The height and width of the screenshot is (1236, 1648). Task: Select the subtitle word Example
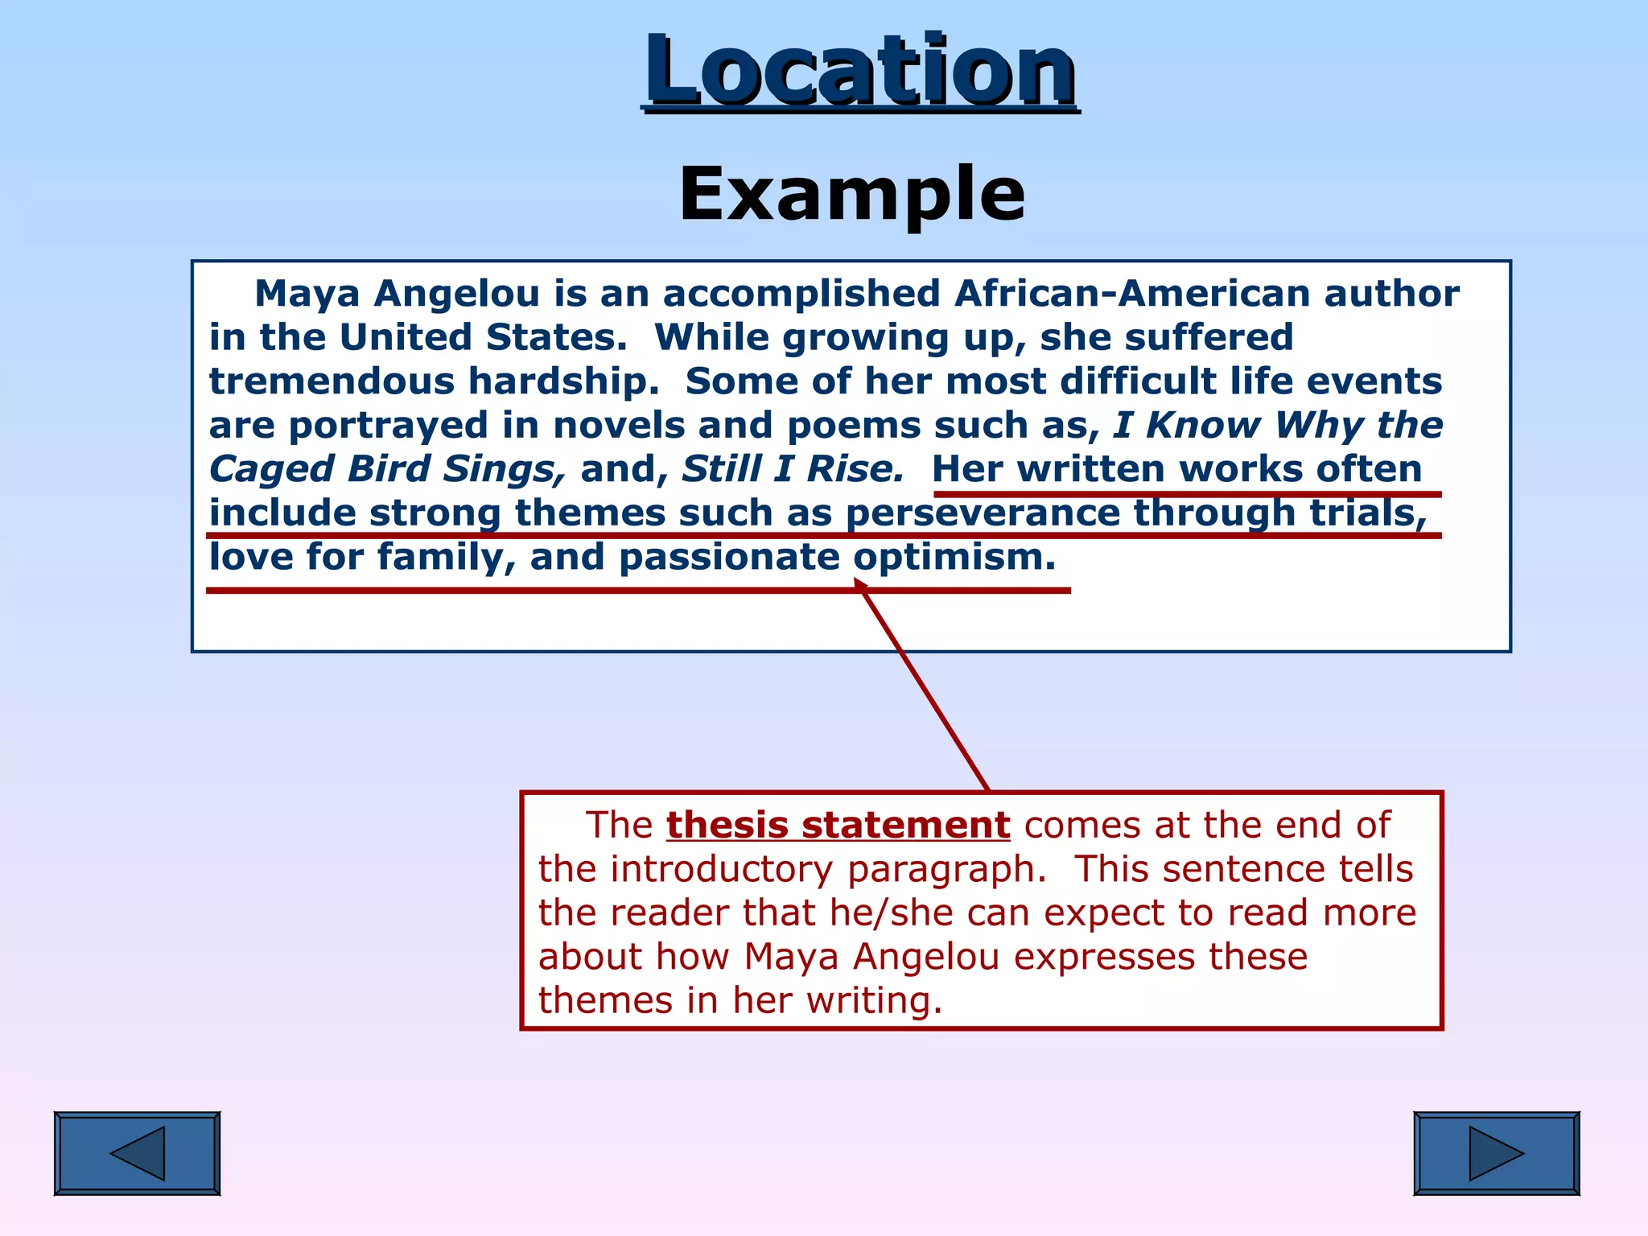pos(851,194)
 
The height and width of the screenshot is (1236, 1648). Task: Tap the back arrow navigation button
pos(137,1153)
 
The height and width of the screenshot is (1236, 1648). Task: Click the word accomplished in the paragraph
pos(801,294)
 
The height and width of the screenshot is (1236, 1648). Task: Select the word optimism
pos(954,557)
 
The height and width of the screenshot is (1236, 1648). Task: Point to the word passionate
pos(729,557)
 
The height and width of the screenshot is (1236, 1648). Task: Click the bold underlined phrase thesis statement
pos(838,826)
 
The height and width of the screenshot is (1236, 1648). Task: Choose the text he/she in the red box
pos(891,913)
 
